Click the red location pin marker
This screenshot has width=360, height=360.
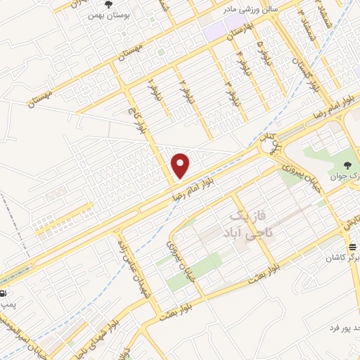coord(181,165)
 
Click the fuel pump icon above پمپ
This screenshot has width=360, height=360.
coord(3,292)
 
